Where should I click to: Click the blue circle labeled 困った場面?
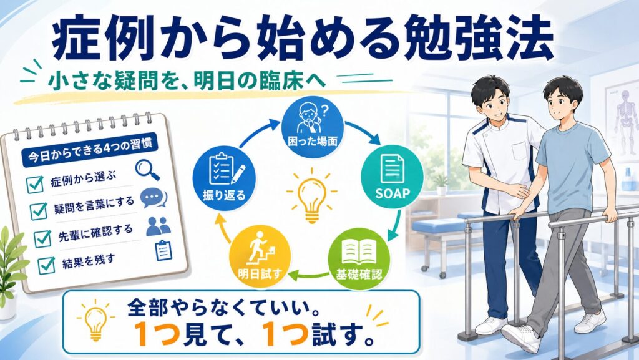[313, 127]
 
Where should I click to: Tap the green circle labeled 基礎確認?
[359, 258]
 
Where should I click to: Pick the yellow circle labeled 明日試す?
[260, 258]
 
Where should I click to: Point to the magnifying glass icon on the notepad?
[147, 170]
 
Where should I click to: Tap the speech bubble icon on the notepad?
[154, 198]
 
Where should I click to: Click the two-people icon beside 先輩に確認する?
[159, 226]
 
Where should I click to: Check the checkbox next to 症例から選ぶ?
[35, 185]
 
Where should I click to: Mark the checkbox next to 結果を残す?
[46, 266]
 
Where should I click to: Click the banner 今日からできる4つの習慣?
[90, 152]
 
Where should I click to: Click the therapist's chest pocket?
[520, 150]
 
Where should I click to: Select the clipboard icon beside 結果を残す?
[164, 250]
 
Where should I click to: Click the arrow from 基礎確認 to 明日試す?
[310, 276]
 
